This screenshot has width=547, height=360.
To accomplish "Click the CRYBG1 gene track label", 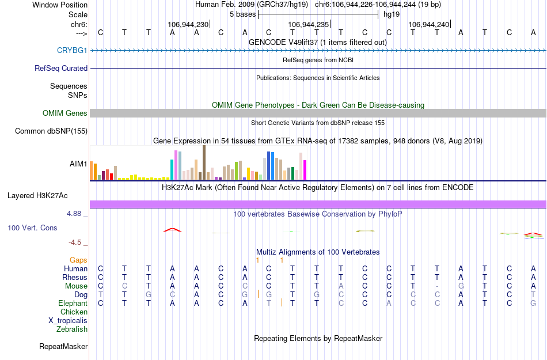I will point(72,50).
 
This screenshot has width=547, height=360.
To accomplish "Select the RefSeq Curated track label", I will point(61,68).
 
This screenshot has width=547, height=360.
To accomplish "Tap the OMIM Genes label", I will point(65,113).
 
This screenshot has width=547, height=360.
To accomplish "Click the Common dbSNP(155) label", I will point(51,131).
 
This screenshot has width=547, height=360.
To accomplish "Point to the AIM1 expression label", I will point(78,164).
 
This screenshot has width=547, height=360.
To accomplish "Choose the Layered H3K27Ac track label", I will point(47,195).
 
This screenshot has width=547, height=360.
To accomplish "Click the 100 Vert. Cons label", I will point(32,228).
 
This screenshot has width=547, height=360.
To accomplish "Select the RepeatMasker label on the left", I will point(63,347).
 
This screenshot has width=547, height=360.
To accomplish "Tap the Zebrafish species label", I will point(72,329).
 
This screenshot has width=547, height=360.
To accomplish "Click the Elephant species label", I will point(73,303).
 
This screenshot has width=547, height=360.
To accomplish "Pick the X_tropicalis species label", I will point(68,321).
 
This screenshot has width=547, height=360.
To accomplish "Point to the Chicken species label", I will point(74,312).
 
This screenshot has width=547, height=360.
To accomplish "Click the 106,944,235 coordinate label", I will point(308,24).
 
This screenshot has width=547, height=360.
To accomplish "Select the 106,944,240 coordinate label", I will point(428,24).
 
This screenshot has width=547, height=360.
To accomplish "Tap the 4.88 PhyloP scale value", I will point(77,214).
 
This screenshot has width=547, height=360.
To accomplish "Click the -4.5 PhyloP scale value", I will point(77,242).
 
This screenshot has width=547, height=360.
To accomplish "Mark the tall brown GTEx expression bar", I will point(204,162).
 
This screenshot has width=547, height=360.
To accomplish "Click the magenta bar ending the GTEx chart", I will point(305,170).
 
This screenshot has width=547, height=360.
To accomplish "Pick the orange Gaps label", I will point(78,260).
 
